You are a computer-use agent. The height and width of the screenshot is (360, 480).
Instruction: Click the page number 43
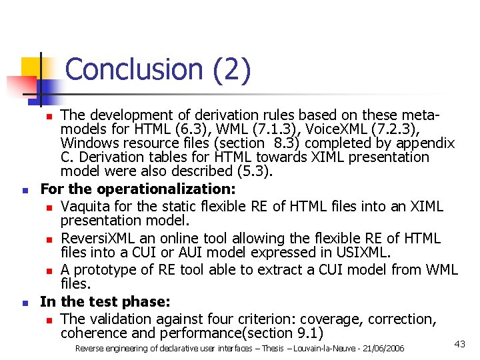pos(459,343)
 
